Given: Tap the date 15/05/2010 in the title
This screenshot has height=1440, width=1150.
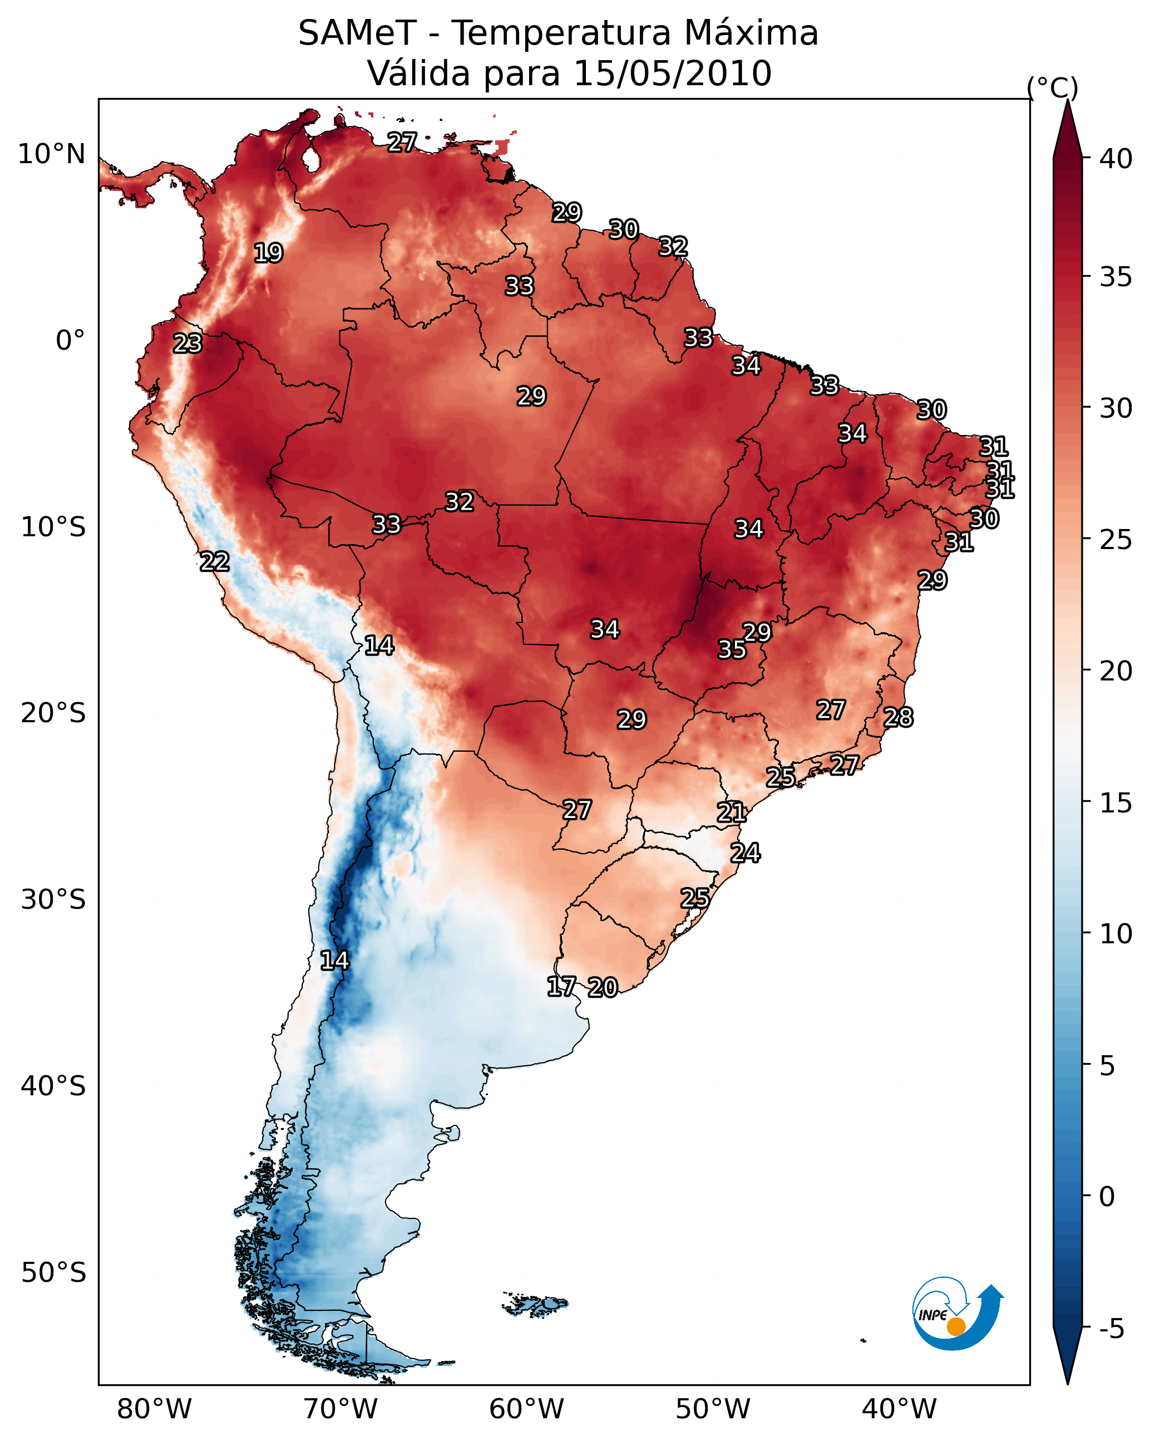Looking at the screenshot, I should pos(672,74).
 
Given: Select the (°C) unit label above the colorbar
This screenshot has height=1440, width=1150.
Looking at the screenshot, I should pos(1053,87).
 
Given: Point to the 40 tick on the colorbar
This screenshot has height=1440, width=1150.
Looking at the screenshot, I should pos(1116,159).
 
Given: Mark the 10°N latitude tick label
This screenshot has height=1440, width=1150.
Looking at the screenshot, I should pos(51,154).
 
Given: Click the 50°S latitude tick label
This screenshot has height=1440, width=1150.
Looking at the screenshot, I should pos(53,1273).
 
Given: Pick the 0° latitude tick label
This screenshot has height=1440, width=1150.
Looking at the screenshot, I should pos(70,341).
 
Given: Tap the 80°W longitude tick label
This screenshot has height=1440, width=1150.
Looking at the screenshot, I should pos(154,1409).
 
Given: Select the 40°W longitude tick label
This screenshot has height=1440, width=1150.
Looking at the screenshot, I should pos(899,1409).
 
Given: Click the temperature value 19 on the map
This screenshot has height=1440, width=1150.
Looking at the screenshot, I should pos(268,253).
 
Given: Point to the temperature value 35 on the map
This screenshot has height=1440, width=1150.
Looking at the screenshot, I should pos(732,649).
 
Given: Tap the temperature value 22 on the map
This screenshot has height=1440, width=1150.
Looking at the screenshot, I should pos(215,562).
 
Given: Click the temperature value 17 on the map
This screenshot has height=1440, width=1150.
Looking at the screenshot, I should pos(561,987).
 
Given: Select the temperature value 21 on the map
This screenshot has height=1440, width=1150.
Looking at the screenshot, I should pos(732,813).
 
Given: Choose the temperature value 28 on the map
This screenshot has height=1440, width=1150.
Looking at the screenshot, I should pos(899,717).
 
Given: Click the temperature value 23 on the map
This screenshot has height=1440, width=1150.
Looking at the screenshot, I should pos(187,344).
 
